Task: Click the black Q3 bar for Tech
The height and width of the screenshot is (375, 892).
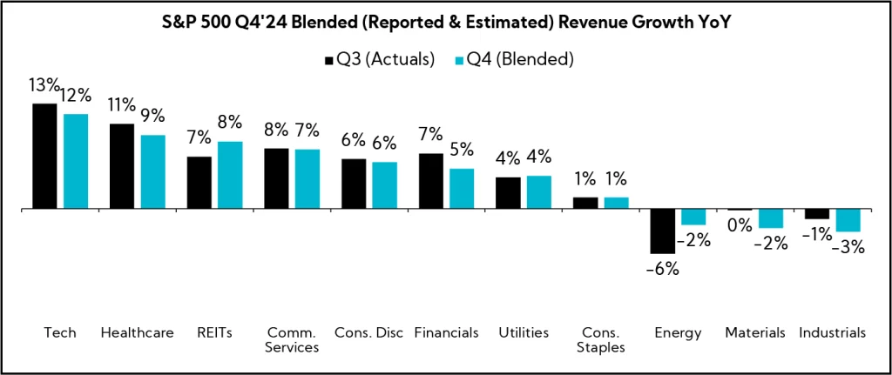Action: (x=44, y=157)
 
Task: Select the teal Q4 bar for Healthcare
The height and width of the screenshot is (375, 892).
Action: (x=152, y=172)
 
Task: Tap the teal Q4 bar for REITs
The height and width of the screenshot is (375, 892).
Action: (x=230, y=175)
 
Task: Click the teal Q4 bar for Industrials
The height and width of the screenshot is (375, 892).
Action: (x=848, y=220)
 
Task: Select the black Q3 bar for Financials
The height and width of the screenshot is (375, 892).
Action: (x=431, y=181)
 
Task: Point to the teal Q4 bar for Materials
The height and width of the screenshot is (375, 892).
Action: (x=771, y=218)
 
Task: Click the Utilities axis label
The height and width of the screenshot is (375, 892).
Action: (x=524, y=332)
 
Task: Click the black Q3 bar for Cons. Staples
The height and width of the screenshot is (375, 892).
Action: (x=585, y=203)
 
